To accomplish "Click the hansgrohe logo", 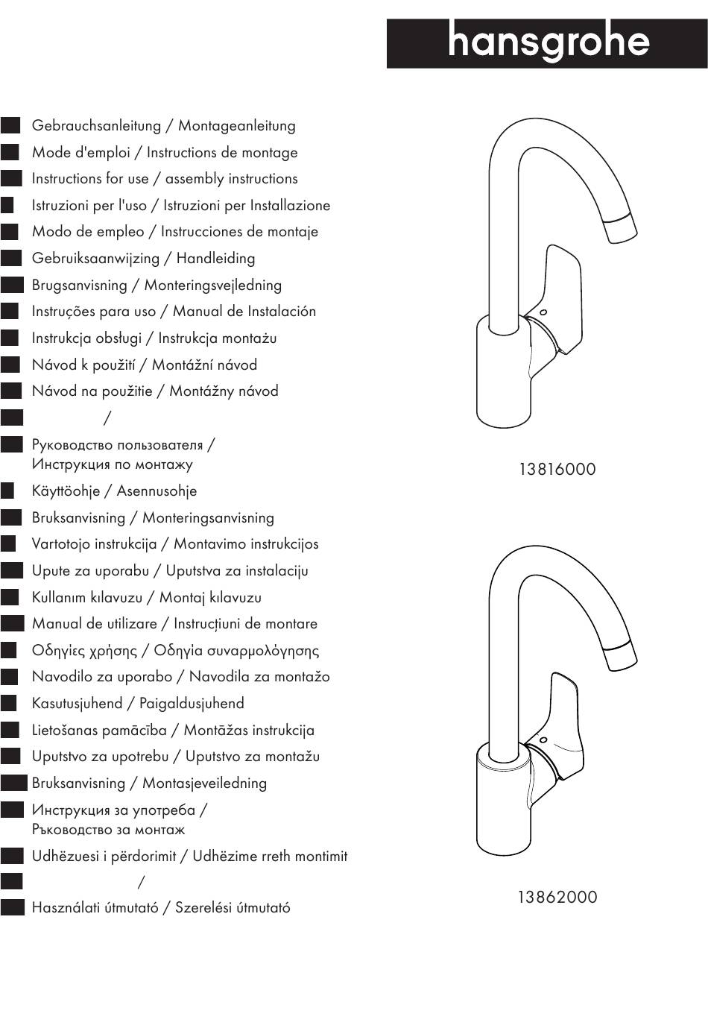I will [x=548, y=44].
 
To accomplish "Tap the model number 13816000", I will [x=557, y=470].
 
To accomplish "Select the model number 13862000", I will [x=557, y=897].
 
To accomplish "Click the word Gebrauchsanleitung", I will [x=96, y=126].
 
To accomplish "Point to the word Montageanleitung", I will [x=236, y=126].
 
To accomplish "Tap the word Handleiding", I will [x=215, y=259].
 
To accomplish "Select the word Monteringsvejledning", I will [x=212, y=286].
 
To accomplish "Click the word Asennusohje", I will [x=157, y=491].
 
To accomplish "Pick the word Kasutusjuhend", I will [x=77, y=704].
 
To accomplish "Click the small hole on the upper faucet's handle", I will [x=543, y=311].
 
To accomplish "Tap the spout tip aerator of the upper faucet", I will [x=621, y=227].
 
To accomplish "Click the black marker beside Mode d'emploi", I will [x=10, y=153].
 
